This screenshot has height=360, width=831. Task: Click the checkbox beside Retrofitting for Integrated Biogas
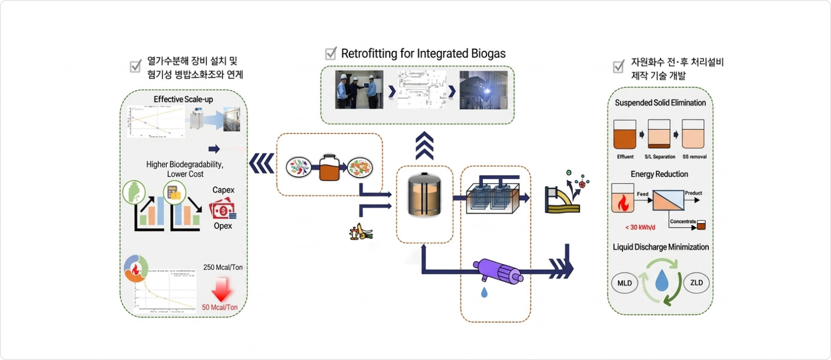click(331, 53)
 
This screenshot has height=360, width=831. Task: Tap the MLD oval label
click(625, 283)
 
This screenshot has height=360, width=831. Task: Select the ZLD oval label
click(696, 283)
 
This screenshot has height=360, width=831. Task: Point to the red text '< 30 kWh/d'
click(640, 227)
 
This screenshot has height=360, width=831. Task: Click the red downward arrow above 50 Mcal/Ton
click(221, 290)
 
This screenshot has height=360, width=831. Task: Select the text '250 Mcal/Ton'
click(223, 267)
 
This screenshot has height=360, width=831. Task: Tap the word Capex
click(223, 190)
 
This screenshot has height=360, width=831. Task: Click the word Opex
click(223, 226)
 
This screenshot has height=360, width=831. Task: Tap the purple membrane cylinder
click(498, 272)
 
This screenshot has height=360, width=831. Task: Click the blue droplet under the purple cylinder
click(484, 292)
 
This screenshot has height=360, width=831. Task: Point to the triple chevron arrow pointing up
click(424, 146)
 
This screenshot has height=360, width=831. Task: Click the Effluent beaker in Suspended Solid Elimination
click(625, 135)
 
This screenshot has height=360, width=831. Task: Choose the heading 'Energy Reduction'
click(659, 174)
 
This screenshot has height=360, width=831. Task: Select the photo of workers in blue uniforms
click(359, 90)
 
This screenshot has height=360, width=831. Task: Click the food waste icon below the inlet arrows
click(361, 232)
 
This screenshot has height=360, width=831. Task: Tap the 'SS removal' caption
click(694, 157)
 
